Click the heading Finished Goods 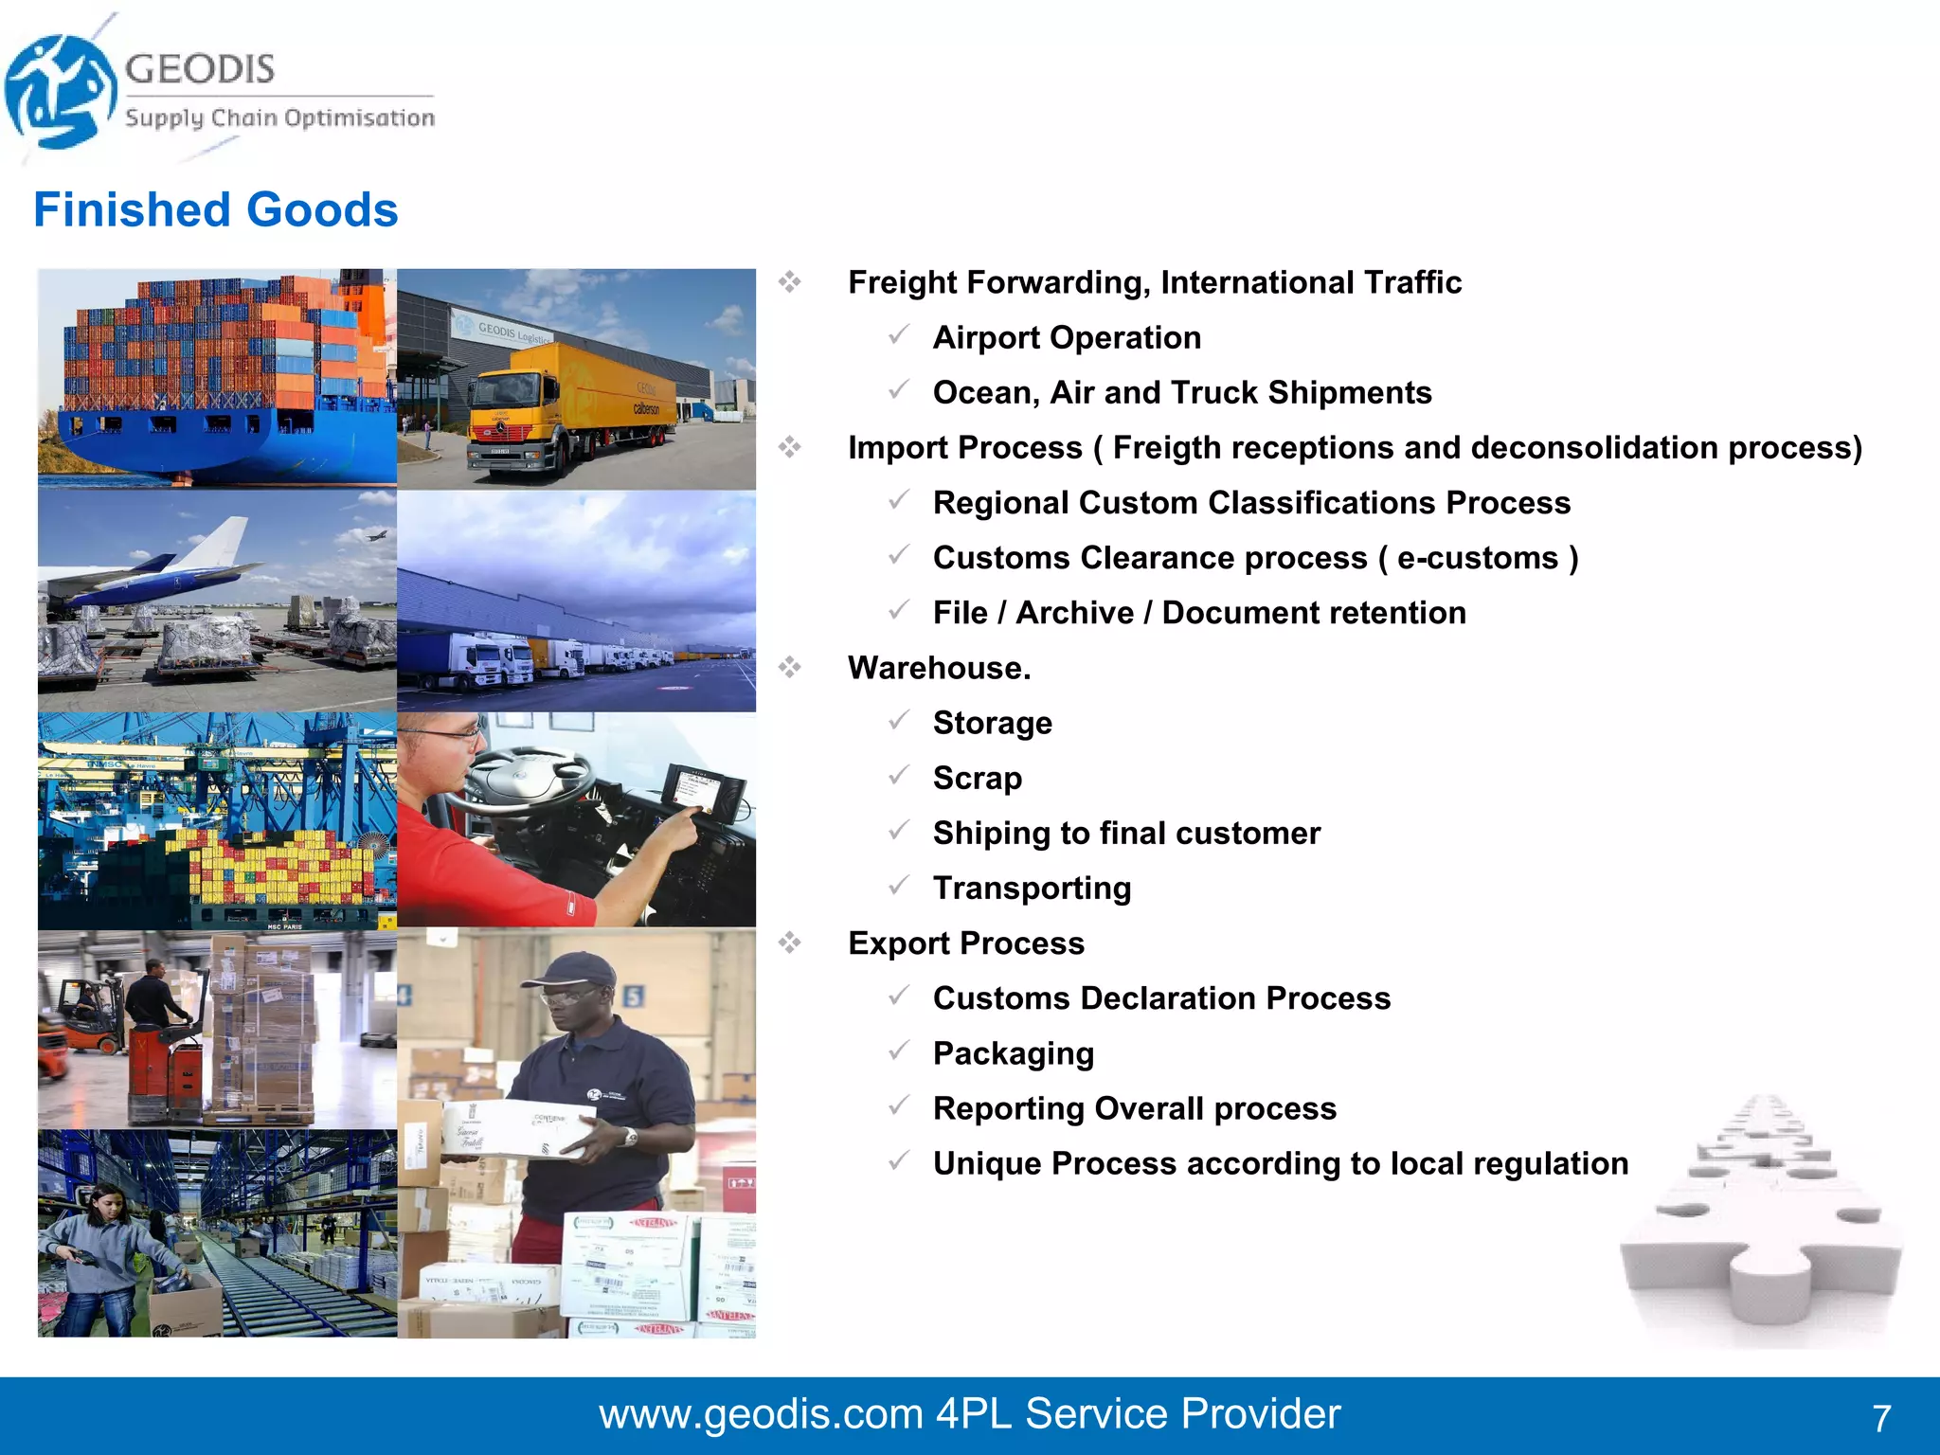tap(216, 210)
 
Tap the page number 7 tap(1881, 1418)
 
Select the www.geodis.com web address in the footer tap(761, 1414)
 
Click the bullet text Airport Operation tap(1067, 338)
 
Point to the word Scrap tap(977, 779)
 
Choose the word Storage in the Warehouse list tap(992, 724)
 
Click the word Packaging tap(1013, 1054)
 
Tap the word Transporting tap(1032, 889)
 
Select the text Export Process tap(965, 943)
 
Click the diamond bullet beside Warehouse tap(790, 668)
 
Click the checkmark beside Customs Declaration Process tap(899, 996)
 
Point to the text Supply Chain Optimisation tap(279, 118)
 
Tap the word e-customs tap(1477, 559)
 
